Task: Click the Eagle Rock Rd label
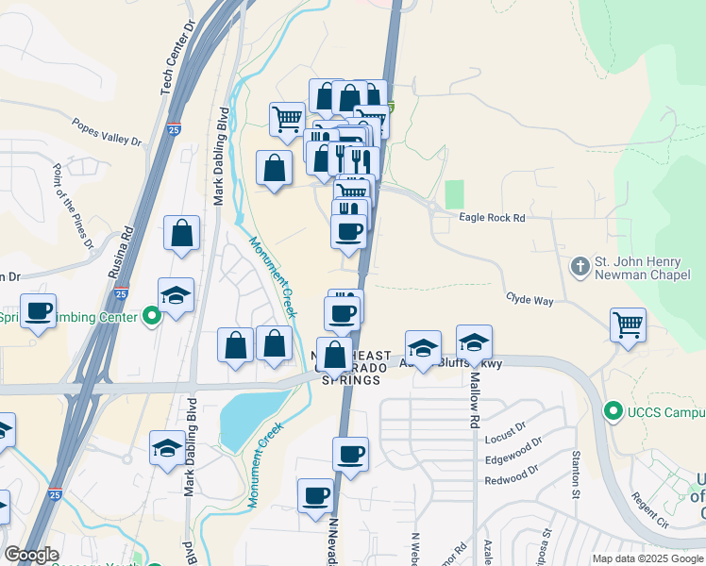(491, 218)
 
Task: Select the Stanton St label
(575, 474)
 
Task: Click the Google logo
(32, 555)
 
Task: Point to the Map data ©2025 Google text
(647, 558)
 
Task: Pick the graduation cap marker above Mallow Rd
(474, 341)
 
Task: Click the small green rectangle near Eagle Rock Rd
(455, 194)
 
